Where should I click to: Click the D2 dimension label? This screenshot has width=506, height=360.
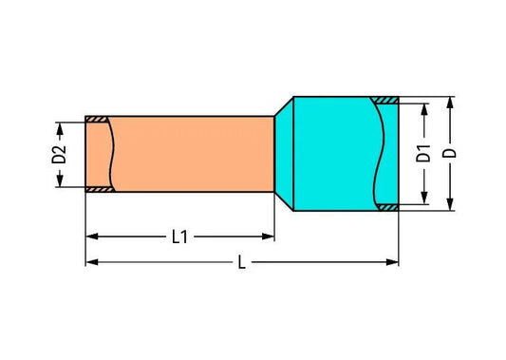(59, 154)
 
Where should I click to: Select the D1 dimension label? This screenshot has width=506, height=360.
(423, 153)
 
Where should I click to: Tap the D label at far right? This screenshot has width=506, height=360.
(450, 153)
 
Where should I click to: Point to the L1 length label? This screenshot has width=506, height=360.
(179, 237)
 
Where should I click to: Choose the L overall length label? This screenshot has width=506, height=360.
(242, 262)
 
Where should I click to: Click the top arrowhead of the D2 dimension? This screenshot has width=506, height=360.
(60, 128)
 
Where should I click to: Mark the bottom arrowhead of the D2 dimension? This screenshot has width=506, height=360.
(60, 180)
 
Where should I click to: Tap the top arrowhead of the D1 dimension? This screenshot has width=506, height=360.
(424, 110)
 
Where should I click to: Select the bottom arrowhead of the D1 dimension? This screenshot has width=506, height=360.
(424, 198)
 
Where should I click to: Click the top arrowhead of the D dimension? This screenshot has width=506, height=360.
(450, 103)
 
